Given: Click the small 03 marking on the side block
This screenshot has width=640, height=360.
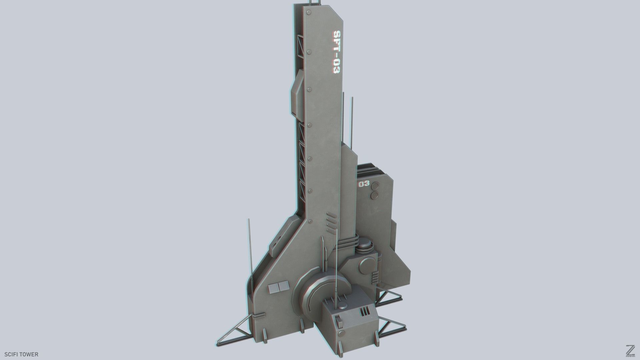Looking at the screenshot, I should (364, 184).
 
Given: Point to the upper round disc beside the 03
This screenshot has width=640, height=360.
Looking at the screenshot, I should (375, 186).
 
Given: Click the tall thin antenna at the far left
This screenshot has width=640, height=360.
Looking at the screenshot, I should (249, 247).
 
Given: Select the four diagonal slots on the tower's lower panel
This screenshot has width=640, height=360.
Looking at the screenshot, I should (330, 222).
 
